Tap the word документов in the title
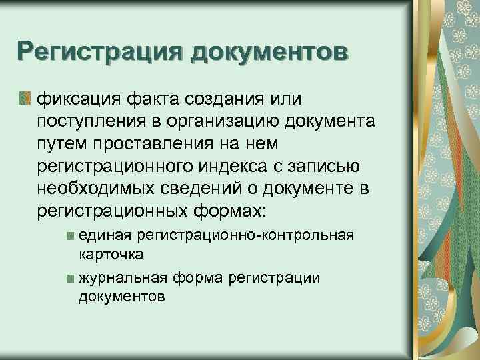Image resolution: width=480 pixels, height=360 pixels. (269, 52)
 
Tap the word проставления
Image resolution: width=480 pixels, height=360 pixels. (155, 145)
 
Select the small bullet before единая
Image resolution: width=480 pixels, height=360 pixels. (71, 236)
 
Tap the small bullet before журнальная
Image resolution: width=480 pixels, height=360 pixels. (71, 278)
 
